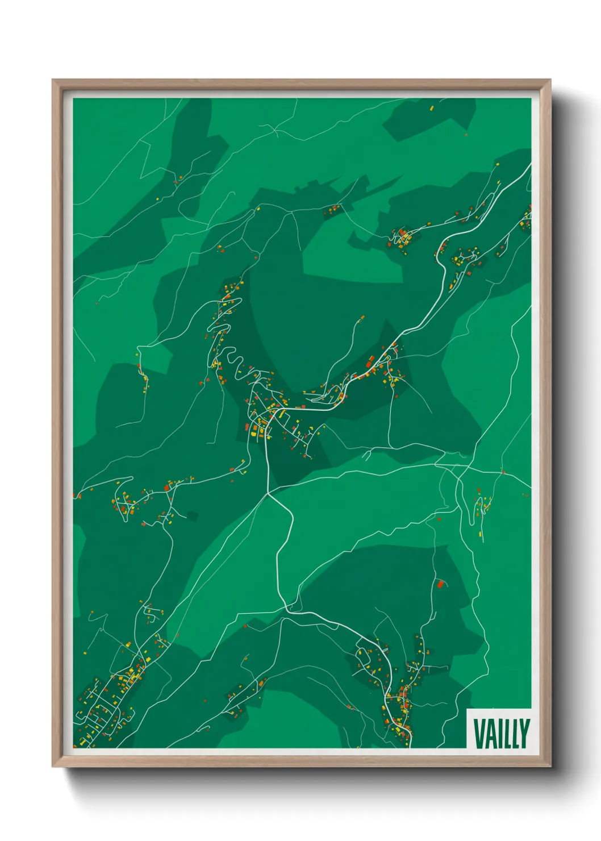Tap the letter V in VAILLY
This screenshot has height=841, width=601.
pyautogui.click(x=478, y=733)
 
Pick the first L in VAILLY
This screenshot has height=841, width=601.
pyautogui.click(x=507, y=733)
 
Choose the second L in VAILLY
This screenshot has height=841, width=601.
pyautogui.click(x=515, y=733)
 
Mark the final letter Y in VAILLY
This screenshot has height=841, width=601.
pyautogui.click(x=524, y=733)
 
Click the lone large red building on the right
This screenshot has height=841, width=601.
pyautogui.click(x=440, y=583)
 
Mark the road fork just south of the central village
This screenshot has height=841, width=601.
pyautogui.click(x=269, y=494)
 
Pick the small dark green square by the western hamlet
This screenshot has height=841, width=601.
pyautogui.click(x=193, y=516)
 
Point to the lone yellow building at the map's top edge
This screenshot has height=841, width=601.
pyautogui.click(x=431, y=107)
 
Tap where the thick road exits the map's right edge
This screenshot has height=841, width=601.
pyautogui.click(x=530, y=165)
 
